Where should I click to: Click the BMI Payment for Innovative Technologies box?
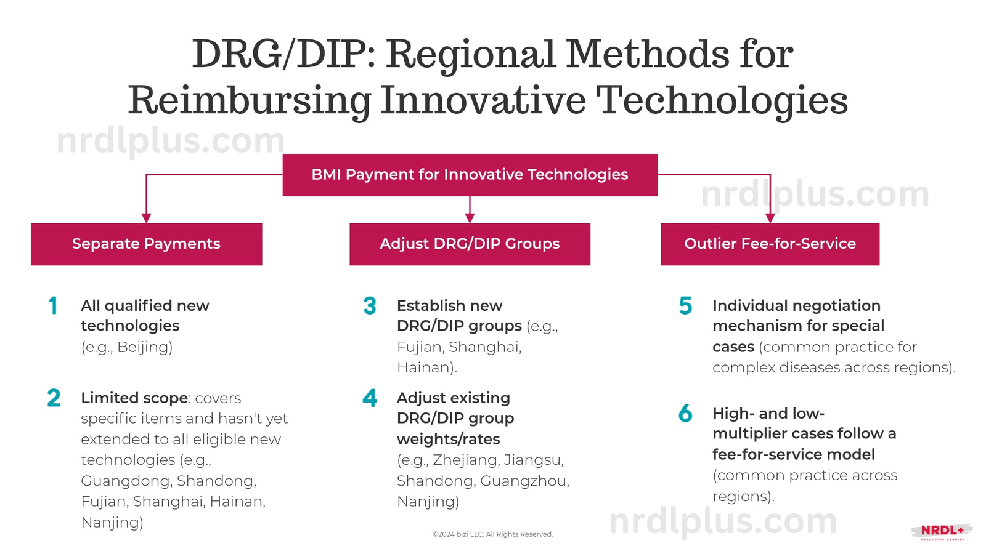(470, 175)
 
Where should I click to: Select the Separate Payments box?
(146, 244)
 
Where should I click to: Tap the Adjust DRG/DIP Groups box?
(470, 244)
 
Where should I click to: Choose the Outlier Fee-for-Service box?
(770, 244)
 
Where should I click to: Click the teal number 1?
(54, 306)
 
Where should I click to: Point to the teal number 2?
(54, 398)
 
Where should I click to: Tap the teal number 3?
(370, 306)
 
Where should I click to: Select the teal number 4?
(370, 398)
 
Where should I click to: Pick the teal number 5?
(685, 306)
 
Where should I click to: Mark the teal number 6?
(685, 414)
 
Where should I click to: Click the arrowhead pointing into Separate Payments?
(146, 218)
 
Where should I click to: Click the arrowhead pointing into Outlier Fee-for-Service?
(770, 218)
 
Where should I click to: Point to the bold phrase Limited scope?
(134, 398)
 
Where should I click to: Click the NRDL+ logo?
(942, 531)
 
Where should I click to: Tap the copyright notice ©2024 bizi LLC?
(492, 534)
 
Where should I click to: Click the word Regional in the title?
(471, 54)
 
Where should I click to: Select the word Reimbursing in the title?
(249, 100)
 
